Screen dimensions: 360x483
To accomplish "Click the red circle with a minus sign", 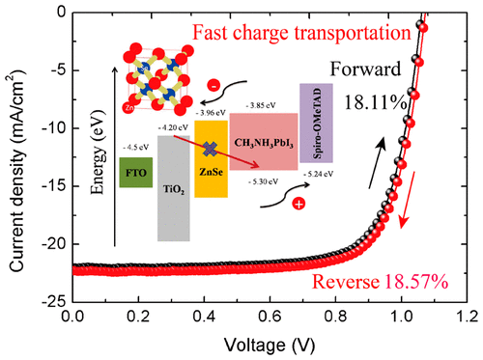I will coord(212,88).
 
